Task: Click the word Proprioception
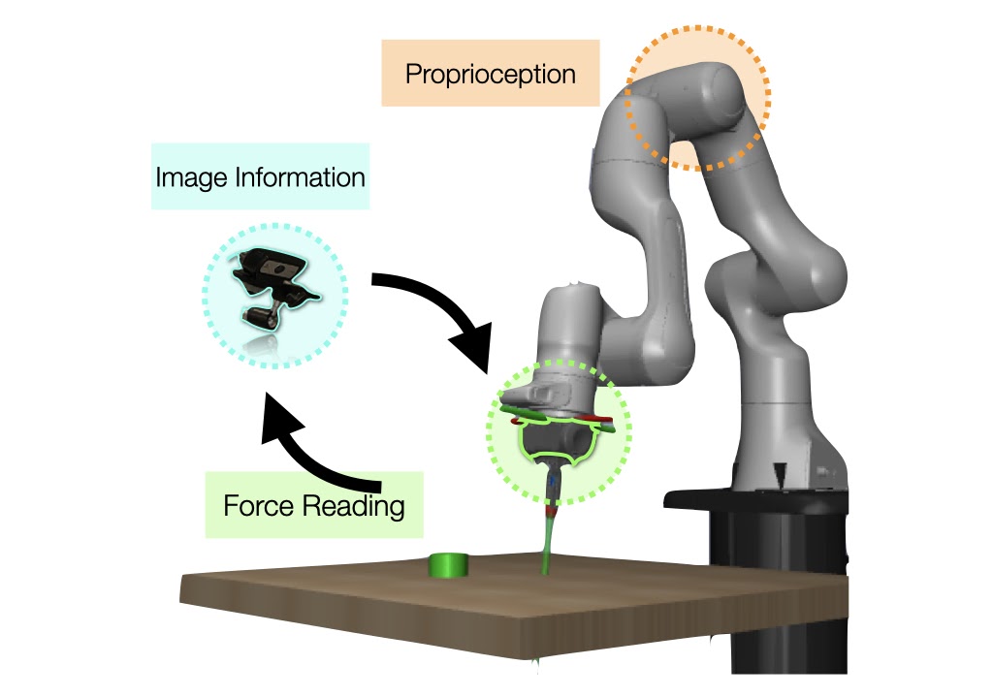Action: [x=490, y=74]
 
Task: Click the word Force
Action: [x=257, y=506]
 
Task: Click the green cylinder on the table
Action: [x=449, y=565]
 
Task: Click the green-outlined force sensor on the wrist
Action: [x=557, y=441]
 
